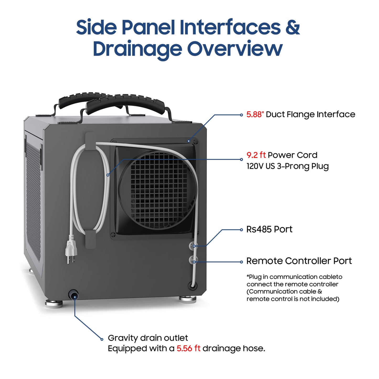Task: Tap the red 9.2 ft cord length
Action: coord(256,155)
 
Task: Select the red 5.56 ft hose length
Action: coord(188,349)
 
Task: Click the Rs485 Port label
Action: coord(269,229)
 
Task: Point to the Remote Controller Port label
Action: coord(299,261)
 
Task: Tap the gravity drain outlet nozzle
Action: coord(73,295)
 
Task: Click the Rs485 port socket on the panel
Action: coord(193,246)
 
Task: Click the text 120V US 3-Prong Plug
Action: coord(287,166)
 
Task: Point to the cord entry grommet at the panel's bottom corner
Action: coord(192,285)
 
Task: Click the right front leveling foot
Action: coord(188,299)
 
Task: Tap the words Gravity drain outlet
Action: coord(148,338)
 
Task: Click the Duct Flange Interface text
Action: coord(310,115)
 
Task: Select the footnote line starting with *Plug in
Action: coord(294,277)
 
